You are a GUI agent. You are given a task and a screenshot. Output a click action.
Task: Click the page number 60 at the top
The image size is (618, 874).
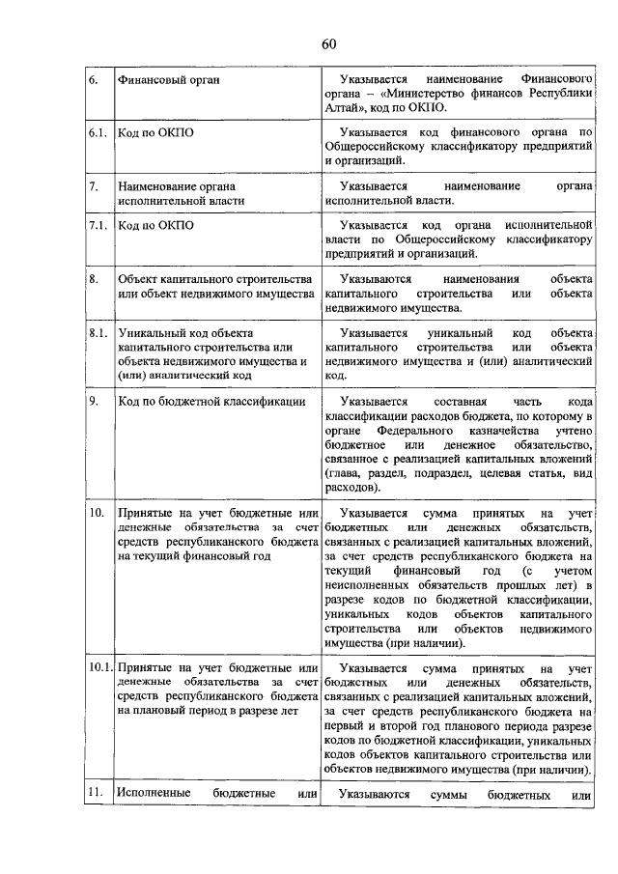click(328, 44)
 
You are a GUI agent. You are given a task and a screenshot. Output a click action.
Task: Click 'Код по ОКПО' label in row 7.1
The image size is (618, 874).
click(154, 224)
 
